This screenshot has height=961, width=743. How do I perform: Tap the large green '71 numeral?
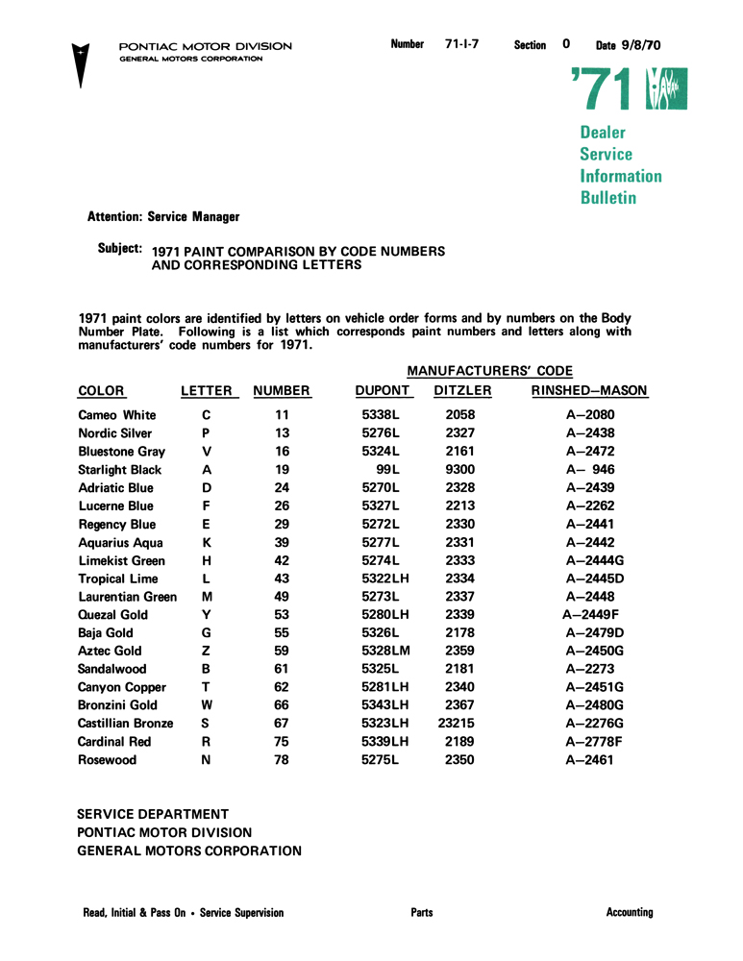tap(602, 92)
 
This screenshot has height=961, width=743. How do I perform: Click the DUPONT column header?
tap(383, 391)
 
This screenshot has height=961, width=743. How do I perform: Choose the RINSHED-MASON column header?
tap(589, 391)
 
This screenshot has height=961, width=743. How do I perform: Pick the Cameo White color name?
tap(116, 415)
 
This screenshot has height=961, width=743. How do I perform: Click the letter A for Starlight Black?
tap(207, 470)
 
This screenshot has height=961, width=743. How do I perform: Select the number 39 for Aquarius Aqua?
tap(282, 543)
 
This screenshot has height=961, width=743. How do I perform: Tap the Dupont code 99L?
tap(389, 470)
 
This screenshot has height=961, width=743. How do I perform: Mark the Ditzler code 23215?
tap(458, 723)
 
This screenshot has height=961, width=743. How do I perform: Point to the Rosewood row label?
tap(107, 760)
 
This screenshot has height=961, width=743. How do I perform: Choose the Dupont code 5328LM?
tap(386, 652)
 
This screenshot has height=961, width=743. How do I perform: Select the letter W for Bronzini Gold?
tap(207, 705)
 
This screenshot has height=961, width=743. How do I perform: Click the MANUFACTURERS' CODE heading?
tap(489, 370)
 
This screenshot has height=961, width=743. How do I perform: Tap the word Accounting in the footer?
tap(630, 913)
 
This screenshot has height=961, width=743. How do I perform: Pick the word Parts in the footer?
tap(421, 913)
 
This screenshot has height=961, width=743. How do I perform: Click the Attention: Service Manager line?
tap(163, 217)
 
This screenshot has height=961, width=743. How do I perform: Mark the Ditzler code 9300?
tap(460, 470)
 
